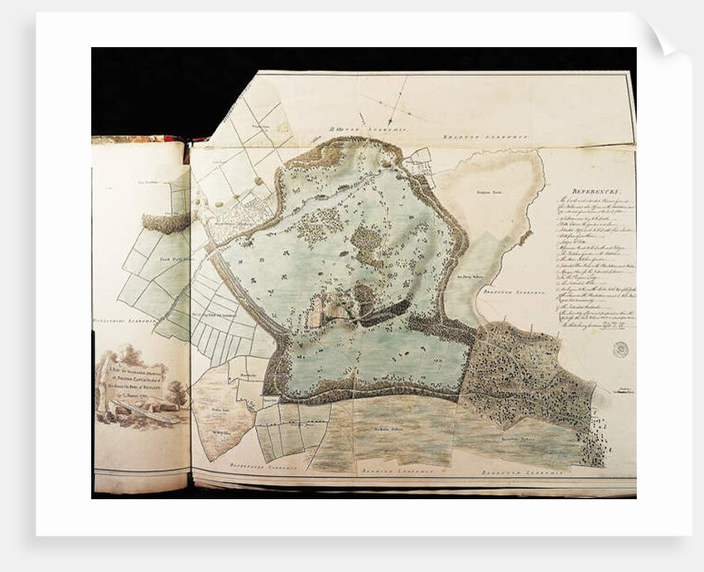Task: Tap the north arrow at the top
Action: tap(395, 104)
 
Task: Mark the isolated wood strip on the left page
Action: tap(166, 222)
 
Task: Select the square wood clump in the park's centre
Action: tap(366, 244)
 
